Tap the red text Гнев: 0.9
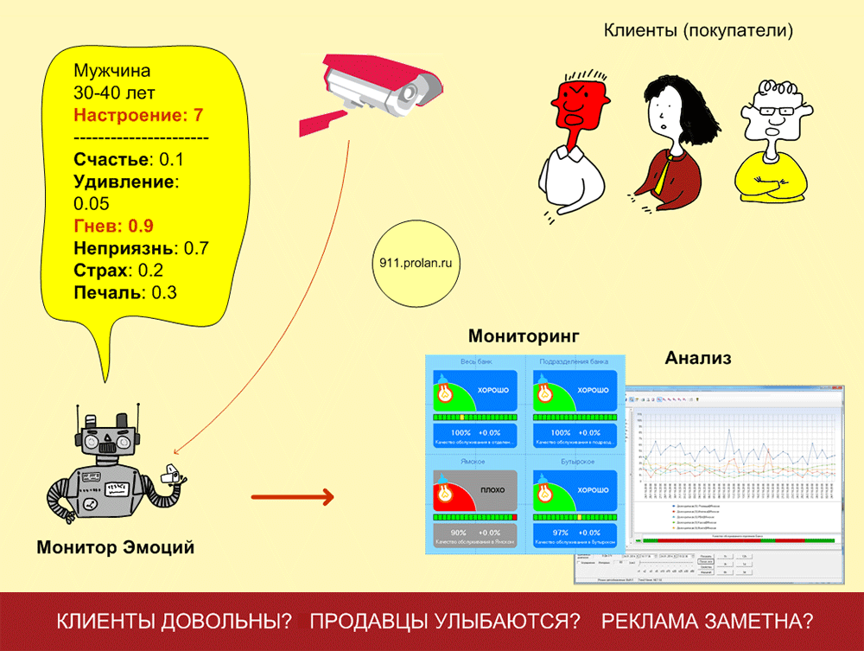[x=113, y=227]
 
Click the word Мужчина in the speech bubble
[x=111, y=71]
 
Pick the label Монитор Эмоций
[x=115, y=547]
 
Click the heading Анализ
[x=698, y=357]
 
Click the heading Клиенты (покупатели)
[x=698, y=32]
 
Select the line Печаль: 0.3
[x=125, y=292]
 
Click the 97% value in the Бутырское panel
[x=562, y=533]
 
